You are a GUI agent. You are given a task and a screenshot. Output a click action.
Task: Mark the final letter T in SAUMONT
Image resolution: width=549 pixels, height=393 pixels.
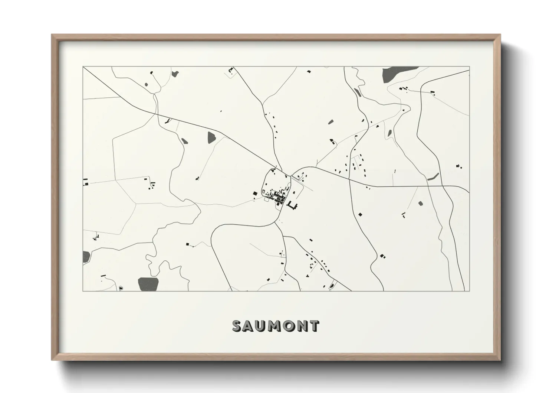315,326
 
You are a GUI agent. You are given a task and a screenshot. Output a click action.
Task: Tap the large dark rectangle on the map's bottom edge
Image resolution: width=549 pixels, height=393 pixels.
148,284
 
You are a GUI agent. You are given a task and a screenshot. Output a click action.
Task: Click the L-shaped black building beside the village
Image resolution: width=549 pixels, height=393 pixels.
293,205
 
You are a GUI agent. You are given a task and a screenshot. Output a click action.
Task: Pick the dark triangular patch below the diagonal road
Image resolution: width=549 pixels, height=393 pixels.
211,137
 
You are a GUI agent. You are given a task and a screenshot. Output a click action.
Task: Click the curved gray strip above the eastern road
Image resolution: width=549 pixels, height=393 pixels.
433,177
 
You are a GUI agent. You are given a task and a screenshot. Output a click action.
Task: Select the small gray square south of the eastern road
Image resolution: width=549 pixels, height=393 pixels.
420,203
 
